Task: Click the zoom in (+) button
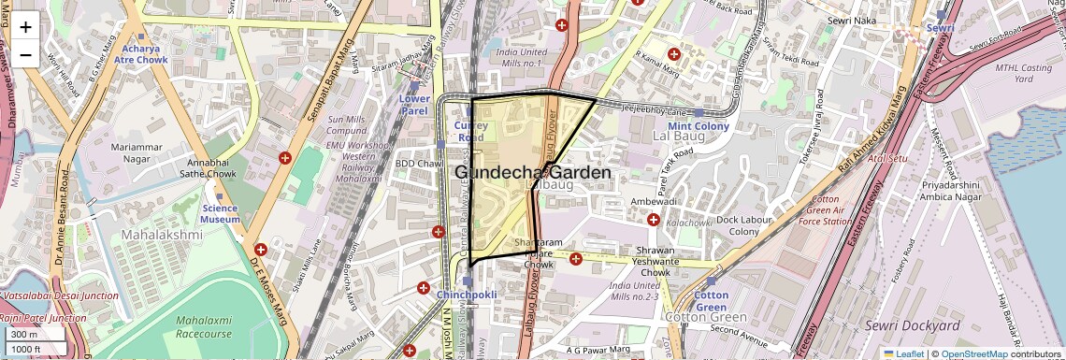pos(25,27)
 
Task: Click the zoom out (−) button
pos(25,54)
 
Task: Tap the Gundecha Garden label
pos(533,173)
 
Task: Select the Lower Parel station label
pos(414,104)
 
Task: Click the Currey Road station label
pos(470,130)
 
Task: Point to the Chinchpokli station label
pos(466,295)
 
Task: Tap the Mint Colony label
pos(698,126)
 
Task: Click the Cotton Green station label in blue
pos(712,300)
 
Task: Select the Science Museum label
pos(220,213)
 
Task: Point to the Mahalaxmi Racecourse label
pos(204,326)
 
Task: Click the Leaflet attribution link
pos(903,353)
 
